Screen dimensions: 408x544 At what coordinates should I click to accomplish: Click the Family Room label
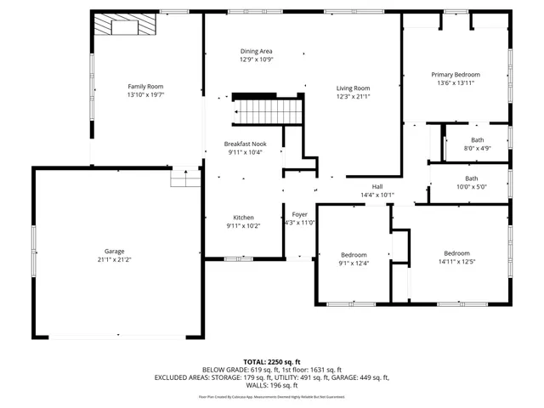coord(145,87)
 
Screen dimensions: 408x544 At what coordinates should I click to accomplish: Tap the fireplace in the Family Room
coord(124,27)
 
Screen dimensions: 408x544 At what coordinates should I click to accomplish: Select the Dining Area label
coord(256,52)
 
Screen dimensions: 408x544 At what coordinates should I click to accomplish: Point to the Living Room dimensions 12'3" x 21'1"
coord(353,96)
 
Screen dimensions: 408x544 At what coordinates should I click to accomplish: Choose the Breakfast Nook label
coord(245,144)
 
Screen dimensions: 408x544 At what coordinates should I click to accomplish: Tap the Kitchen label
coord(244,218)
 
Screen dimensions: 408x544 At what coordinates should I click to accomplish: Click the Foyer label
coord(299,214)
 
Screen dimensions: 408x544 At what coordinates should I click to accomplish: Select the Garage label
coord(115,251)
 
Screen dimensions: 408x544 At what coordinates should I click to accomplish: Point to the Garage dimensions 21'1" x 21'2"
coord(115,259)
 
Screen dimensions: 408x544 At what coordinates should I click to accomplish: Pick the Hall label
coord(377,187)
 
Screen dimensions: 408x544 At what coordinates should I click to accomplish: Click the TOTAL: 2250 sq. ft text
coord(272,361)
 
